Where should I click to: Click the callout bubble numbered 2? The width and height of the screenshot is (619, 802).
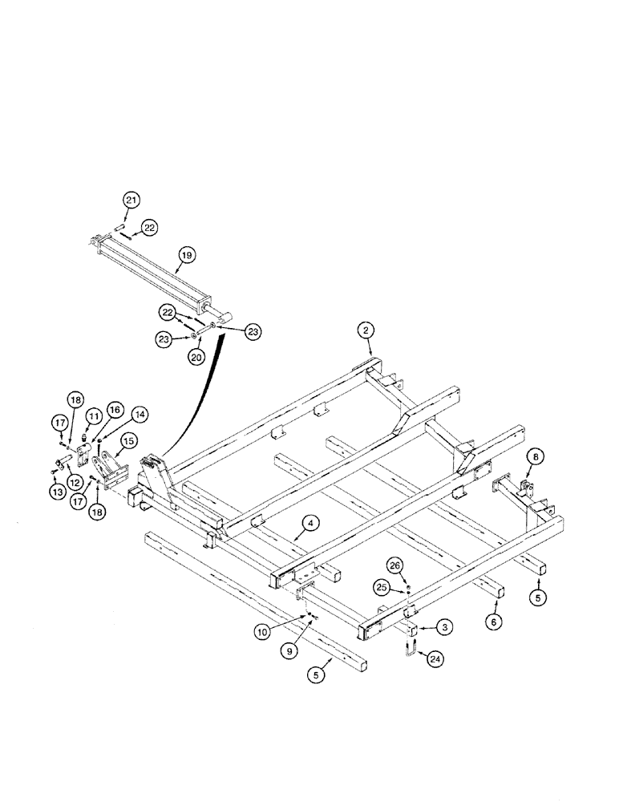(x=365, y=330)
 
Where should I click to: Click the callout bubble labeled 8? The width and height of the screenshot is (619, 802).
(x=535, y=460)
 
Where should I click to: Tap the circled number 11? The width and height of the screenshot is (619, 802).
(x=94, y=415)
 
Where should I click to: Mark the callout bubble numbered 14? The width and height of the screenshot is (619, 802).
(x=140, y=415)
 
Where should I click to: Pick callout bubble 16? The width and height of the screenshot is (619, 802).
(x=113, y=410)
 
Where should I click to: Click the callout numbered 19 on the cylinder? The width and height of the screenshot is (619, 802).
(x=185, y=256)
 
